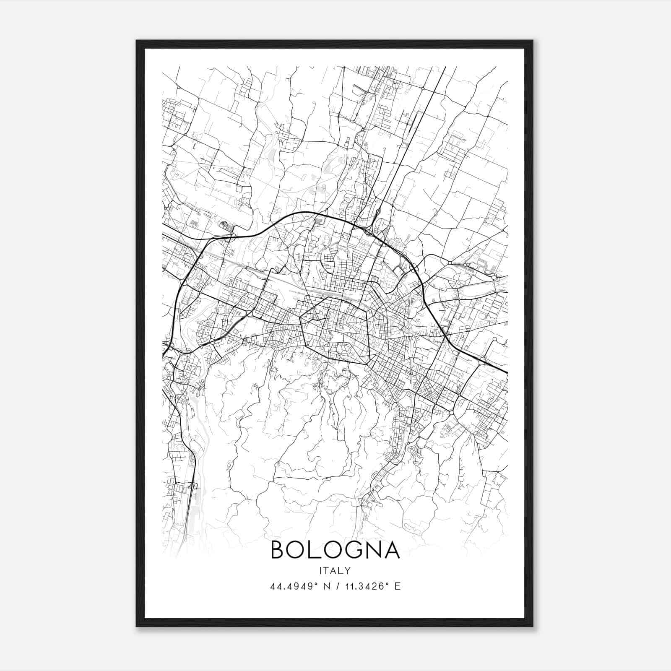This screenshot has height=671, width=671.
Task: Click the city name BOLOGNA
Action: click(335, 550)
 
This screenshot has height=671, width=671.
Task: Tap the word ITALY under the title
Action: click(335, 570)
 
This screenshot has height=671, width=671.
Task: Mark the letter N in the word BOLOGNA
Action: click(373, 550)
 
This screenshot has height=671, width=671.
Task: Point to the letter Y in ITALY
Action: click(348, 570)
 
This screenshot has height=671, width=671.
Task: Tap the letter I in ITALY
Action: click(321, 570)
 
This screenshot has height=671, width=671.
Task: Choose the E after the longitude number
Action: click(398, 586)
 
